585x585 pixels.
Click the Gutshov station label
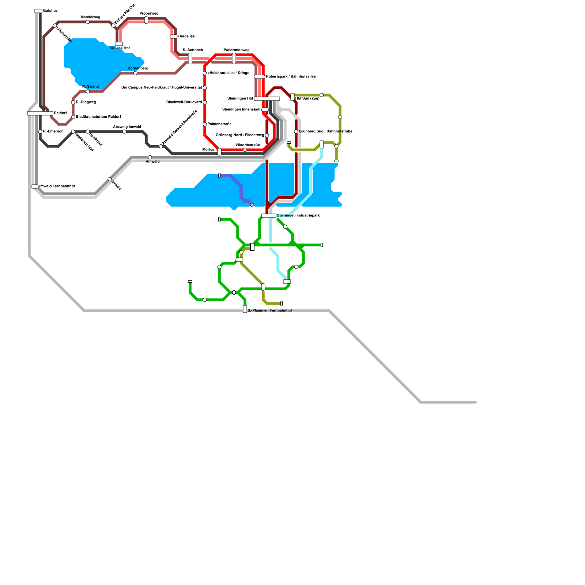click(x=50, y=11)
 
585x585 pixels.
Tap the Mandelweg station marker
click(x=88, y=22)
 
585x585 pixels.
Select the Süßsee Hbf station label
click(x=120, y=48)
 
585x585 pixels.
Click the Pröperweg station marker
click(x=146, y=20)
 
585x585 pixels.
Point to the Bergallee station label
click(x=186, y=37)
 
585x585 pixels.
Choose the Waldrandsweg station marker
click(x=234, y=58)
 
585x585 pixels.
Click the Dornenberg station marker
click(x=135, y=73)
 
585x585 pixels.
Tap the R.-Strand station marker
click(x=88, y=92)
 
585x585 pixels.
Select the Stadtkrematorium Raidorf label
click(x=98, y=117)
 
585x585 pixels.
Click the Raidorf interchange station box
click(x=40, y=113)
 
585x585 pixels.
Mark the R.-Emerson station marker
click(x=40, y=132)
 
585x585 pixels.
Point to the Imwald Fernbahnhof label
click(x=57, y=186)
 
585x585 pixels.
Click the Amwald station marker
click(x=150, y=157)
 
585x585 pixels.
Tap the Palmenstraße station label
click(x=219, y=124)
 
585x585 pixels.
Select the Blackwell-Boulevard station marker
click(x=205, y=102)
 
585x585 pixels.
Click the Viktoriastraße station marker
click(x=245, y=150)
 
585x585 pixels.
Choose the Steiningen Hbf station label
click(x=240, y=99)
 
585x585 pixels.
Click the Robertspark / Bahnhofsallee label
click(x=291, y=77)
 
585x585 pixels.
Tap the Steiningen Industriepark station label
click(x=298, y=216)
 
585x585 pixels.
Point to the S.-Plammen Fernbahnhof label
click(x=270, y=311)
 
